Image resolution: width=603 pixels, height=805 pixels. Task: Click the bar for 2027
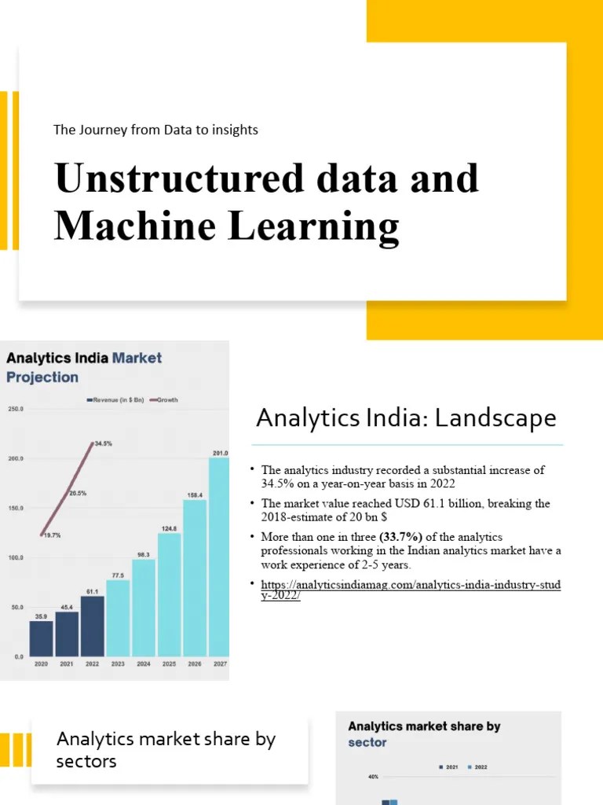coord(219,557)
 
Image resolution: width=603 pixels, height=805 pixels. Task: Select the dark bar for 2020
coord(41,638)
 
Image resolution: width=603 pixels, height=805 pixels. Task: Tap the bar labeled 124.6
coord(169,594)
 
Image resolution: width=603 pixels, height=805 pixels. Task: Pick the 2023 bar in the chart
coord(118,618)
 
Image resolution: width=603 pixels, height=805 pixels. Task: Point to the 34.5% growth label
coord(103,443)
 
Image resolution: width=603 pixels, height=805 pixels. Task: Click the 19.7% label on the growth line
coord(52,535)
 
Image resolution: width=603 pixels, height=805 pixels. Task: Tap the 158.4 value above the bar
coord(194,495)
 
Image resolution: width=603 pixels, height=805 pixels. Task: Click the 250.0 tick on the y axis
coord(15,410)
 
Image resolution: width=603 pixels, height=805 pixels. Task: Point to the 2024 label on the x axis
coord(143,663)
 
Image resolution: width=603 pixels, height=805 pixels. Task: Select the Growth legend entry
coord(164,400)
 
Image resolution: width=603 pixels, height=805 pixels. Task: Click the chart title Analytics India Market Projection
coord(84,367)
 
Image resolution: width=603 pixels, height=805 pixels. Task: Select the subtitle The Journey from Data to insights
coord(155,130)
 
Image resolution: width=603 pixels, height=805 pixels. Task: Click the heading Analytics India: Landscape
coord(406,418)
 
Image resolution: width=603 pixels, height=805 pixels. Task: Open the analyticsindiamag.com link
coord(411,590)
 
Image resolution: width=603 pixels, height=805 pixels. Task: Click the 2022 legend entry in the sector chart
coord(477,766)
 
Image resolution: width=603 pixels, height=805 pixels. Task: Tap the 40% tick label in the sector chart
coord(373,777)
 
